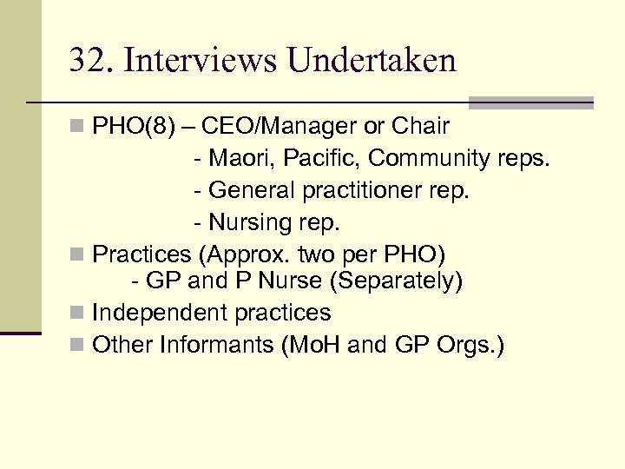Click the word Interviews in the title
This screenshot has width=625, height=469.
click(201, 61)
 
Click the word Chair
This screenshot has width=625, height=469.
click(420, 127)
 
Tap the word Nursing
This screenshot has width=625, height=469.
click(253, 222)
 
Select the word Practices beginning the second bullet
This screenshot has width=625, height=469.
click(140, 254)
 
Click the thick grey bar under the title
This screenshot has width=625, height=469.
click(530, 102)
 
